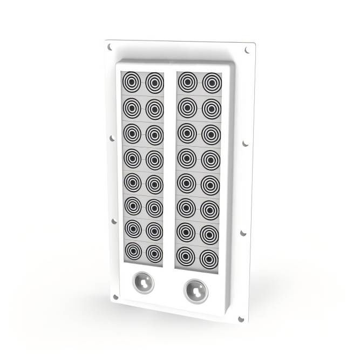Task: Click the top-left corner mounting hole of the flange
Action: click(110, 47)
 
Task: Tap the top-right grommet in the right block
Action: click(212, 84)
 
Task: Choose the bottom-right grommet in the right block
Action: click(209, 258)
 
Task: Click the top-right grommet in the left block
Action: click(154, 83)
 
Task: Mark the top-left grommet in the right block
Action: click(187, 83)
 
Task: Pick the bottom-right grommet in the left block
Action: click(154, 253)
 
